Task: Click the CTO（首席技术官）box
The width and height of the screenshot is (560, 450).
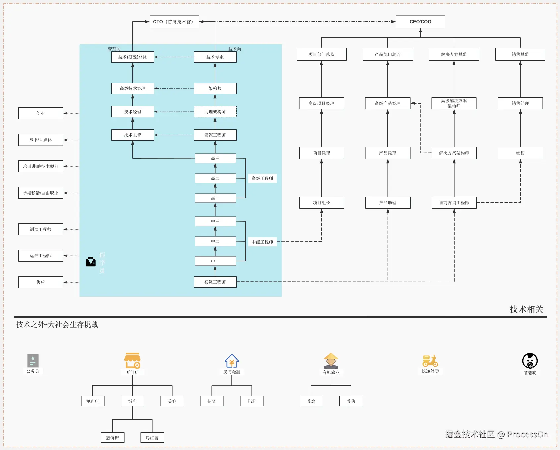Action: click(x=174, y=22)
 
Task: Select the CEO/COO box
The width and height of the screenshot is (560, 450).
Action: click(x=420, y=22)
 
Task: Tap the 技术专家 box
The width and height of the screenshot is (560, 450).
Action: click(x=215, y=57)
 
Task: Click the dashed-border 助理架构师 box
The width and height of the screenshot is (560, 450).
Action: click(x=215, y=112)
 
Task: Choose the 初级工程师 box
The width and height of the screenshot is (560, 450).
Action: click(x=215, y=282)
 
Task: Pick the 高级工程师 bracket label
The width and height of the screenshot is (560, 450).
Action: click(x=262, y=178)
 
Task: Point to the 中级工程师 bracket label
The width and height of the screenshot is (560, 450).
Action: click(x=262, y=242)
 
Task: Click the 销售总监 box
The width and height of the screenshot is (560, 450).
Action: click(x=520, y=54)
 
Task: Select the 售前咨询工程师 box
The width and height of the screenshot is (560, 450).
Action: click(x=454, y=203)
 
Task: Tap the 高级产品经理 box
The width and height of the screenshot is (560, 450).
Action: click(x=388, y=103)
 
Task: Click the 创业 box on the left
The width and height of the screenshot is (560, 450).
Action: click(x=41, y=113)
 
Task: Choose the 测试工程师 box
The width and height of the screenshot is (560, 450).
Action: click(x=41, y=229)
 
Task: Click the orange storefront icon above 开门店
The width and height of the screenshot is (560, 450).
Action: click(x=133, y=361)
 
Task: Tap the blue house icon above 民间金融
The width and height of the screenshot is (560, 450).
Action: click(x=232, y=361)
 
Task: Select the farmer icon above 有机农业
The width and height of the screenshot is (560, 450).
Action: click(x=331, y=361)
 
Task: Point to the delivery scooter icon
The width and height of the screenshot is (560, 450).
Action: click(x=430, y=361)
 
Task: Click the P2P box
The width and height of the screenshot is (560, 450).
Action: click(x=252, y=401)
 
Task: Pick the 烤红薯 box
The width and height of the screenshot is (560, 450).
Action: click(x=152, y=438)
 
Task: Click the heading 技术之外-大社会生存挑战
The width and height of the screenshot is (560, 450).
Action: click(x=57, y=325)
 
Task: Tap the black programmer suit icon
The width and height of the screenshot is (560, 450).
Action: click(x=91, y=262)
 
